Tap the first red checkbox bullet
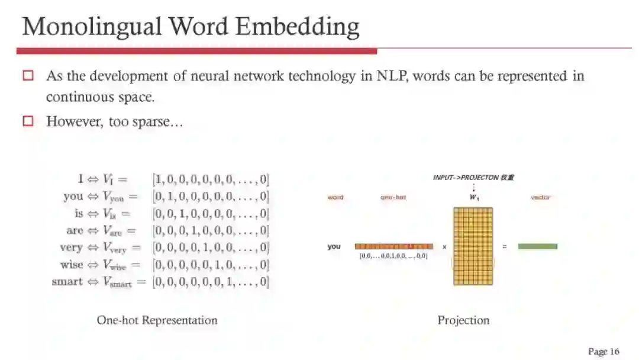(x=28, y=76)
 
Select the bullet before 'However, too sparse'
(x=28, y=121)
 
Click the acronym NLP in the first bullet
(x=392, y=76)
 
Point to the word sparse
(x=156, y=122)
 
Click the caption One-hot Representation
(x=157, y=320)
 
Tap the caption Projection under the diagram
(x=463, y=320)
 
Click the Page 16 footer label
(x=603, y=352)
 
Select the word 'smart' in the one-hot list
(x=67, y=282)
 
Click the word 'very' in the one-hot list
(x=71, y=247)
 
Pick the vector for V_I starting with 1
(x=211, y=179)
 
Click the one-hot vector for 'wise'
(x=211, y=265)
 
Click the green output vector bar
(x=537, y=246)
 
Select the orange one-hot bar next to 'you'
(x=393, y=246)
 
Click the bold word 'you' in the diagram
(x=334, y=246)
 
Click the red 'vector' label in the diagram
(x=540, y=197)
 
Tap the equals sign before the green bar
(x=504, y=246)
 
